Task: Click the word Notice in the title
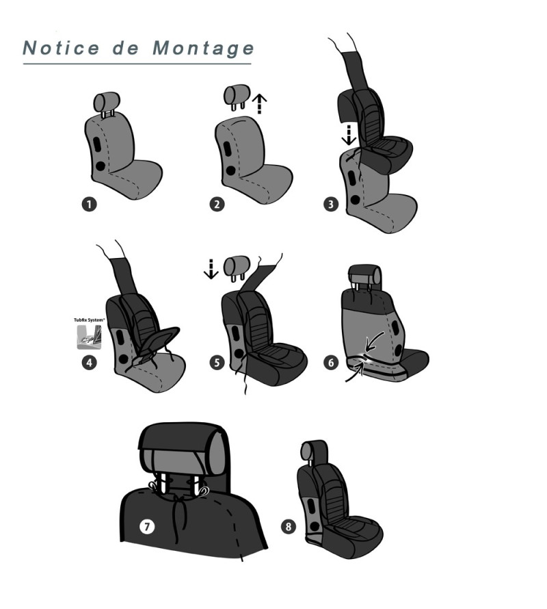(62, 48)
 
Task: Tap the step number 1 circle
(89, 205)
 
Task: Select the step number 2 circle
(217, 205)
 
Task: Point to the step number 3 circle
(331, 205)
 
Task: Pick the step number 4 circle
(90, 363)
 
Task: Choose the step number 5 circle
(217, 363)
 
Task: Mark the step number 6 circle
(331, 363)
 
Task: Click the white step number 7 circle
(147, 527)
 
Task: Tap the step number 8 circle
(288, 527)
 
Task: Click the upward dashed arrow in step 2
(259, 104)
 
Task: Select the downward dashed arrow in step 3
(349, 135)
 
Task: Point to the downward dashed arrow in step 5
(211, 269)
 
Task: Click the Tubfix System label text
(90, 320)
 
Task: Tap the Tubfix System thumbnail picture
(90, 337)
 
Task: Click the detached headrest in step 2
(237, 97)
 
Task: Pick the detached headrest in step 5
(237, 268)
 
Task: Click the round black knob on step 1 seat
(100, 166)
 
